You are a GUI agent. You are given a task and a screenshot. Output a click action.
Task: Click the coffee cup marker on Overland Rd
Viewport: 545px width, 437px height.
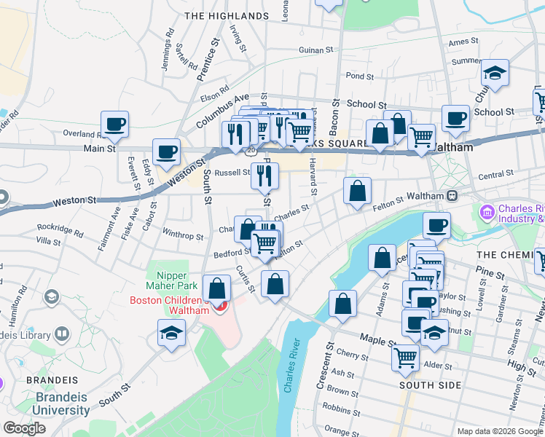click(x=114, y=125)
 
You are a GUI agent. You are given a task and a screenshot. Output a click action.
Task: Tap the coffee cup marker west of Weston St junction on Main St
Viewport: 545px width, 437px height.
click(x=167, y=152)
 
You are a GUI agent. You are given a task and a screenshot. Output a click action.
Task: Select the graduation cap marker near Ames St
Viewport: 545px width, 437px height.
click(x=495, y=74)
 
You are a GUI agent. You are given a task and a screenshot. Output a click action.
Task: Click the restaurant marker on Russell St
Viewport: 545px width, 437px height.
click(x=264, y=175)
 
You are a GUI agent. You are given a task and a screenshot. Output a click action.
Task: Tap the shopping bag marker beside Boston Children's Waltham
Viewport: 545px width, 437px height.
click(x=216, y=288)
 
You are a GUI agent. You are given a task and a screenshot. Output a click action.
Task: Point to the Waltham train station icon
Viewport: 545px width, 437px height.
click(x=452, y=195)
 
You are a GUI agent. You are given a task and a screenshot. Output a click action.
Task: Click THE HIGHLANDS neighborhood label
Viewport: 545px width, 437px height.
click(x=227, y=15)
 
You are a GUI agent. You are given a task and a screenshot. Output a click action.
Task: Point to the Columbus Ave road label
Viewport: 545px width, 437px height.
click(x=223, y=111)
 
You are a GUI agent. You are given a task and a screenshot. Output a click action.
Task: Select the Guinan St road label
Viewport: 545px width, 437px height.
click(x=315, y=50)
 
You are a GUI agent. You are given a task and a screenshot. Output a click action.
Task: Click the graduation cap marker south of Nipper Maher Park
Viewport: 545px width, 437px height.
click(x=172, y=333)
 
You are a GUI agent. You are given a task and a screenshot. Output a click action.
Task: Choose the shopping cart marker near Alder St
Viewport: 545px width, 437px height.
click(x=405, y=357)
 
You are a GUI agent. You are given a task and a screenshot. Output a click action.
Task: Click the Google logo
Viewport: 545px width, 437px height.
click(x=25, y=428)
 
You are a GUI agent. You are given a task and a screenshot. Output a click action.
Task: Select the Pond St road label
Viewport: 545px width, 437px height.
click(x=360, y=76)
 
